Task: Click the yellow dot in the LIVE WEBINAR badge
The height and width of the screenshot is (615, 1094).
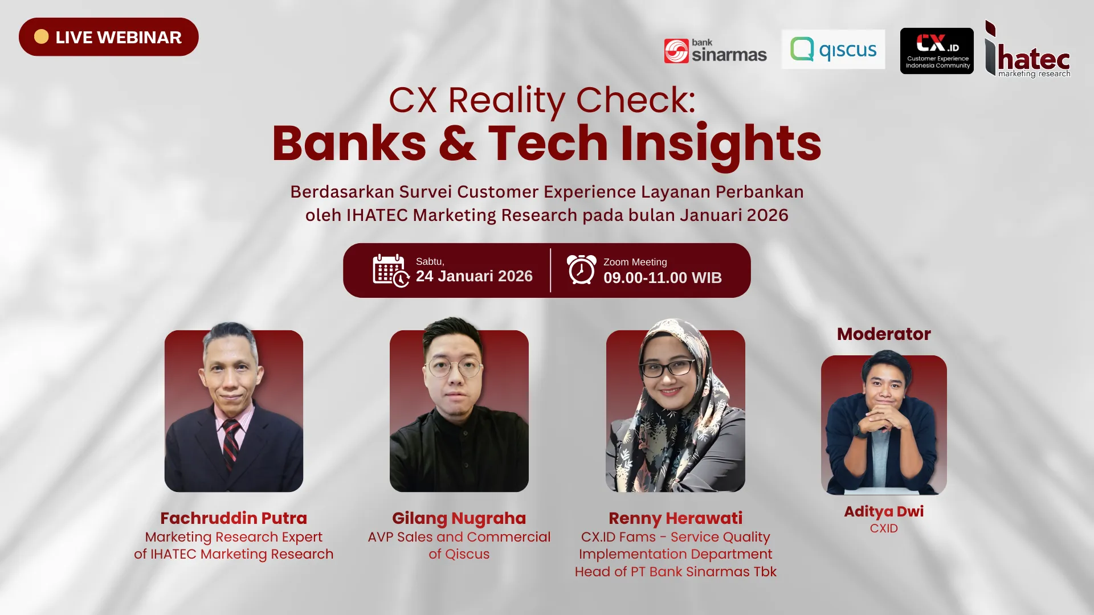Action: click(41, 37)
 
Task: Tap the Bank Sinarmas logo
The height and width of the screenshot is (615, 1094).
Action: click(715, 51)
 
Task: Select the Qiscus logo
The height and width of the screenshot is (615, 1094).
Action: click(833, 50)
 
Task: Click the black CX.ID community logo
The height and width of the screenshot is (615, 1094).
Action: click(937, 51)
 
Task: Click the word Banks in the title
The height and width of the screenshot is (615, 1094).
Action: click(349, 143)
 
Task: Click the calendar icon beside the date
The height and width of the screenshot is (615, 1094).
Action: click(390, 270)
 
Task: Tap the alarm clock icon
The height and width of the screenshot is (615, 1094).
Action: click(581, 269)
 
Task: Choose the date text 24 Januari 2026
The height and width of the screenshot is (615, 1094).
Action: click(474, 276)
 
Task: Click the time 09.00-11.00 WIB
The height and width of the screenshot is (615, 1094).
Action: click(662, 278)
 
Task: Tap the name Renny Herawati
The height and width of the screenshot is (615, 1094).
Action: click(675, 518)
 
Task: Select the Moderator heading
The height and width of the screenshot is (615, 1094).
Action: click(884, 334)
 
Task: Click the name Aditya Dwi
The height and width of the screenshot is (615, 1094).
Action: click(884, 511)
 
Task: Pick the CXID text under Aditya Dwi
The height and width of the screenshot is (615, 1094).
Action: click(884, 528)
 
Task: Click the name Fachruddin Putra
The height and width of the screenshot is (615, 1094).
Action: click(234, 518)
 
